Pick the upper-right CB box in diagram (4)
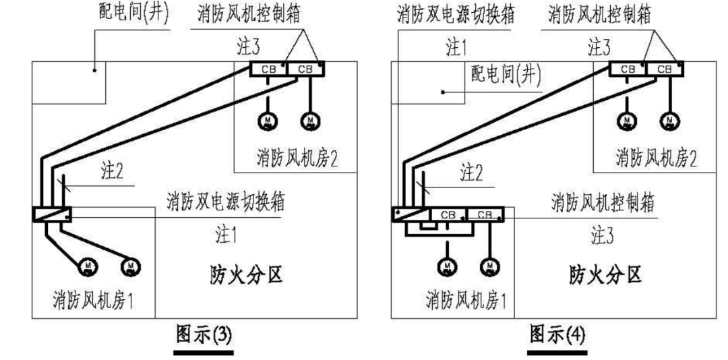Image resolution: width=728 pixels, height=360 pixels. click(664, 68)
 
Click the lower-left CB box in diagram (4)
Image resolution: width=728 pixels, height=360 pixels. click(448, 214)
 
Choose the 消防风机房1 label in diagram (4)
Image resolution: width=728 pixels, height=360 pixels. click(466, 298)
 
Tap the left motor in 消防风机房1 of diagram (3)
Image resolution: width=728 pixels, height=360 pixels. click(88, 267)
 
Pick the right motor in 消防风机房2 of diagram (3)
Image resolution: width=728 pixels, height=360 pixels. click(311, 120)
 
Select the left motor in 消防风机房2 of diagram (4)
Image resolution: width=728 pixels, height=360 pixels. click(627, 120)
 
